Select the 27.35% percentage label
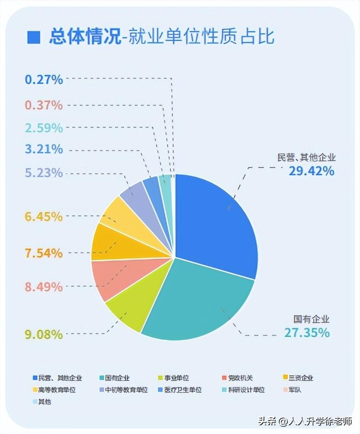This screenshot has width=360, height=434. point(307,332)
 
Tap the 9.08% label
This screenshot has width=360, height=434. point(43,334)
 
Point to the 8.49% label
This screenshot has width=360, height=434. point(43,287)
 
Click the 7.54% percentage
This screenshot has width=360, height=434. point(43,253)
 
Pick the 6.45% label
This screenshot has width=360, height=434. point(43,216)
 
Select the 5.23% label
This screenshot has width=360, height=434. point(43,173)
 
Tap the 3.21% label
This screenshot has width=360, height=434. point(43,149)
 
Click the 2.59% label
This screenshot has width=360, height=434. point(43,127)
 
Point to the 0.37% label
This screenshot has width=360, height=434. point(43,105)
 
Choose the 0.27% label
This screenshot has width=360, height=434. point(43,79)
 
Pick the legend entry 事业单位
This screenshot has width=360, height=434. point(173,378)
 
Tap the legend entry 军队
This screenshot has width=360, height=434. point(295,390)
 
